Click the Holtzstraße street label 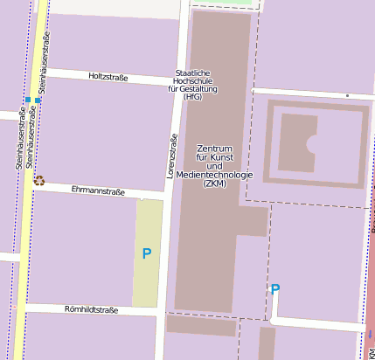coord(108,78)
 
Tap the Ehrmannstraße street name coord(98,190)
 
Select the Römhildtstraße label coord(91,309)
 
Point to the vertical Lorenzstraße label coord(172,156)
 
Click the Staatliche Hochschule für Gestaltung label coord(196,85)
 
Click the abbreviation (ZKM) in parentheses coord(214,184)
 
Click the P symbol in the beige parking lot coord(147,253)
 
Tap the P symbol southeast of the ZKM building coord(275,289)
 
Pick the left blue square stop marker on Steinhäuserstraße coord(28,100)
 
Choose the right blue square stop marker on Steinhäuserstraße coord(38,100)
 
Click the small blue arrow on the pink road coord(370,334)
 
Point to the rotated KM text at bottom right coord(371,351)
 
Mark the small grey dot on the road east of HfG coord(347,95)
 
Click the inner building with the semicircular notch coord(296,142)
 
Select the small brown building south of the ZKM coord(201,325)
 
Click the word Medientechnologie coord(214,175)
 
